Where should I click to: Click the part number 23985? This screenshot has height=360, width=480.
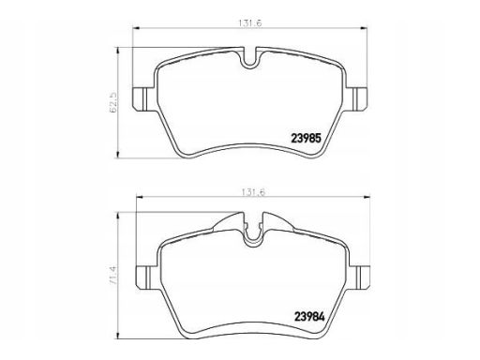pyautogui.click(x=306, y=138)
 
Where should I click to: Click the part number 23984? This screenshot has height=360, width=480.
pyautogui.click(x=309, y=317)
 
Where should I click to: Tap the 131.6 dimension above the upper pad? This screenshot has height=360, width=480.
pyautogui.click(x=249, y=23)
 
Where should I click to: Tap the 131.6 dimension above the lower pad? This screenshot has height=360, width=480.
pyautogui.click(x=253, y=192)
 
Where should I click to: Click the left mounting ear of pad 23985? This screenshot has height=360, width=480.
pyautogui.click(x=143, y=98)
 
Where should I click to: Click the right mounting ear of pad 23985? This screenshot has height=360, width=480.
pyautogui.click(x=356, y=98)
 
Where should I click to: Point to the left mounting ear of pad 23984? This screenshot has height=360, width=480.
pyautogui.click(x=147, y=277)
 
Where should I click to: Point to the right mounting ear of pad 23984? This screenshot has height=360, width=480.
pyautogui.click(x=359, y=277)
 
